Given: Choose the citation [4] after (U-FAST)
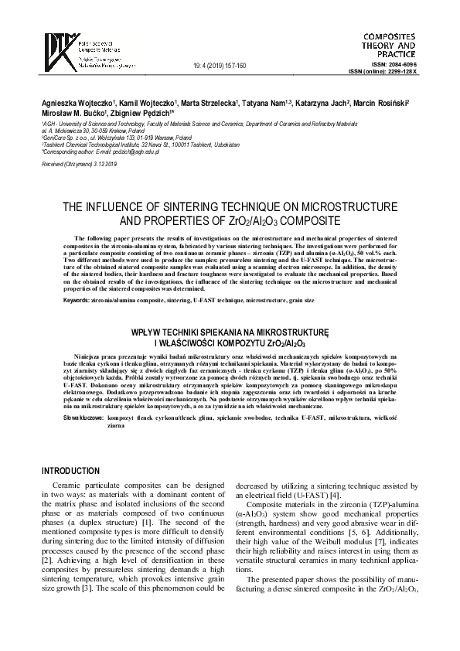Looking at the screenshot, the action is click(x=334, y=495).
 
